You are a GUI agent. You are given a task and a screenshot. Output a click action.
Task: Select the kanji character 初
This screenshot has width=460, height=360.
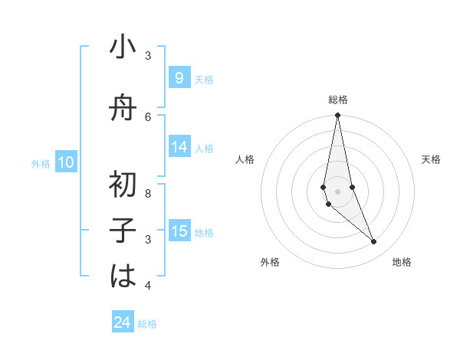[x=123, y=183]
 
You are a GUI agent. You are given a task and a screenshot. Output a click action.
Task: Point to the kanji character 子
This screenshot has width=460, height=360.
[x=123, y=230]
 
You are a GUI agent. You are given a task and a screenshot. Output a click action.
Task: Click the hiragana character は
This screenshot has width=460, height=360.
[x=123, y=276]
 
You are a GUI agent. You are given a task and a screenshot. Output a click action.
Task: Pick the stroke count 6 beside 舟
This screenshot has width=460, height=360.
[x=148, y=116]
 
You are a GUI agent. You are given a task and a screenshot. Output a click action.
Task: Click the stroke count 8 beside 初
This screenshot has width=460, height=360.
[x=148, y=193]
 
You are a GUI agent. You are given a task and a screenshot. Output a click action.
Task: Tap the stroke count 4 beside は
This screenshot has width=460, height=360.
[x=148, y=286]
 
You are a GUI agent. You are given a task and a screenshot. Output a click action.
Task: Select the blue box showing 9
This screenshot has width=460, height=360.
[x=179, y=78]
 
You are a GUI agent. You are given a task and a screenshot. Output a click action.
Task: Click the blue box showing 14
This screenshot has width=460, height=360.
[x=179, y=148]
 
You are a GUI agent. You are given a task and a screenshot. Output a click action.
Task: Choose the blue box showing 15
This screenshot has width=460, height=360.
[x=179, y=232]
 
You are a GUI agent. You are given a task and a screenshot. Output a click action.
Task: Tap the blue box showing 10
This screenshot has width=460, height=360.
[x=66, y=162]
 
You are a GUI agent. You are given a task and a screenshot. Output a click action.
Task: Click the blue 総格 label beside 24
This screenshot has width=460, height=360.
[x=147, y=324]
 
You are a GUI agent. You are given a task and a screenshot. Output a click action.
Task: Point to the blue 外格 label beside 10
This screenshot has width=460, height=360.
[x=41, y=163]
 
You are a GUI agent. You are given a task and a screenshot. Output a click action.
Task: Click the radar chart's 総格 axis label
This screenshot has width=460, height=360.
[x=337, y=100]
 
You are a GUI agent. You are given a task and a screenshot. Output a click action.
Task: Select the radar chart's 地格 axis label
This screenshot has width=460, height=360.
[x=402, y=262]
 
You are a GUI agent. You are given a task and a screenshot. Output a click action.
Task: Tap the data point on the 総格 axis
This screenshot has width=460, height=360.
[x=337, y=116]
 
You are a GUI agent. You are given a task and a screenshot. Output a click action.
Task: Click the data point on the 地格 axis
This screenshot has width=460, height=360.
[x=374, y=242]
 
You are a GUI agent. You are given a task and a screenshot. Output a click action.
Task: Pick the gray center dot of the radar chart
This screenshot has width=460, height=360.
[x=337, y=191]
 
